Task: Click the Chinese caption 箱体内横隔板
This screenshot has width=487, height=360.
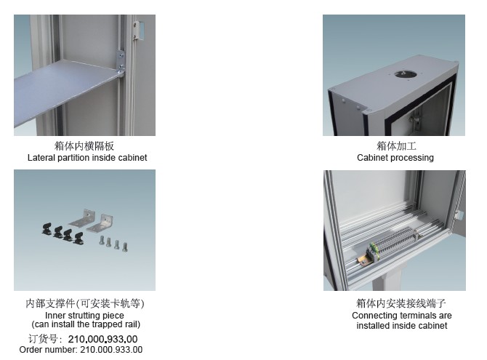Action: point(84,145)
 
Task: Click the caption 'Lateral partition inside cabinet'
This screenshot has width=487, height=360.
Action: point(87,158)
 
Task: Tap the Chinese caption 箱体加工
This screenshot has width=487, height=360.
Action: point(396,145)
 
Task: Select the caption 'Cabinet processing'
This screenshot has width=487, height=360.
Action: point(395,158)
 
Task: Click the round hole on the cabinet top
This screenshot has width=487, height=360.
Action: point(406,74)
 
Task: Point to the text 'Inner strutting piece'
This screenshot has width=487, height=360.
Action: point(84,315)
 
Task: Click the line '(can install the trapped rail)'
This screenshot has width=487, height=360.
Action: point(86,324)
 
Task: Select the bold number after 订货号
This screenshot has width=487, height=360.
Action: point(102,339)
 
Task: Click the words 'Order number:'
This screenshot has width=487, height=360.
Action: point(48,350)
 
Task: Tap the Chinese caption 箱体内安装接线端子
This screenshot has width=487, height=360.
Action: point(401,303)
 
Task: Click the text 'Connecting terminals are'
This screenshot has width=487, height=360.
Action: point(402,316)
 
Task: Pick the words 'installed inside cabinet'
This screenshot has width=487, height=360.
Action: point(402,326)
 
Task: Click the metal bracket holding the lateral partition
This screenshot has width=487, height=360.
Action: point(121,63)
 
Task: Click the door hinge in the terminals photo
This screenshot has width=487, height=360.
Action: point(458,215)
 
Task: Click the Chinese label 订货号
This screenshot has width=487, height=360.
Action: point(43,339)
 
